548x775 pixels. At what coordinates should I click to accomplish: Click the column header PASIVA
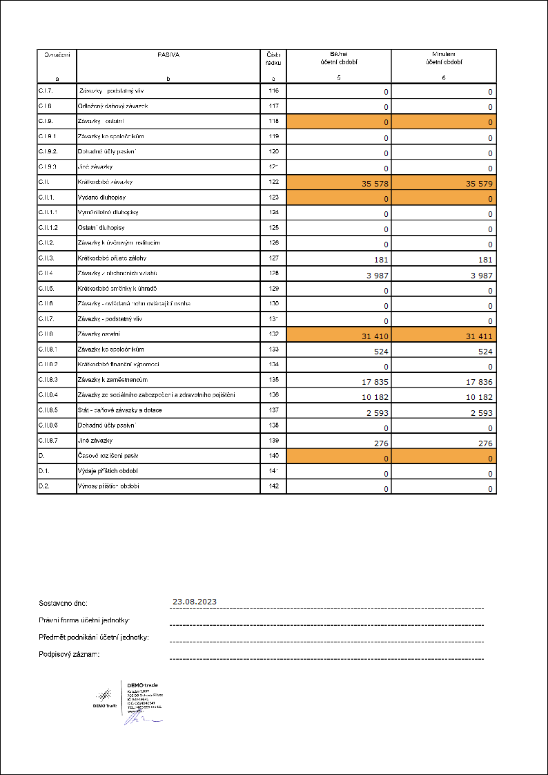(x=168, y=53)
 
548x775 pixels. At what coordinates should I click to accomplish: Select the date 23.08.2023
(x=195, y=602)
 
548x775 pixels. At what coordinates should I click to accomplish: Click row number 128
(x=273, y=274)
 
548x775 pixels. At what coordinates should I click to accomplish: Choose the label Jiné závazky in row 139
(x=95, y=441)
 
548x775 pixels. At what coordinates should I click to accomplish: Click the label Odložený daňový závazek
(x=112, y=106)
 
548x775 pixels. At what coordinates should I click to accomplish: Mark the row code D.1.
(x=44, y=471)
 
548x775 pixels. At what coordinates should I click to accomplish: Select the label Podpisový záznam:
(x=70, y=654)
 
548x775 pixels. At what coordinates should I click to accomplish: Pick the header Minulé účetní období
(x=444, y=57)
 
